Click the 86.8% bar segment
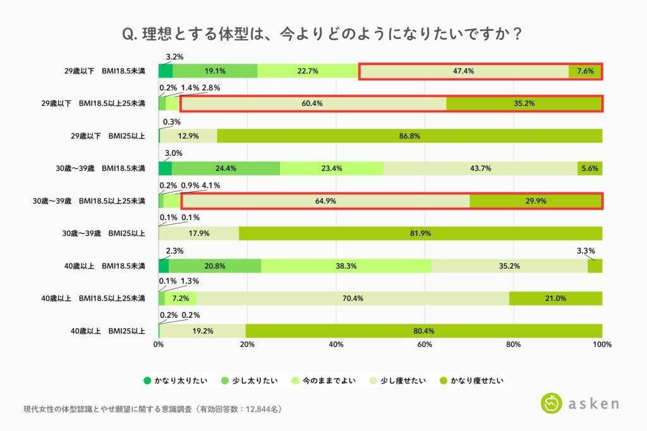click(x=409, y=136)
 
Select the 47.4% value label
click(x=464, y=71)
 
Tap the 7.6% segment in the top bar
click(x=585, y=71)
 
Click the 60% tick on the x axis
click(x=425, y=345)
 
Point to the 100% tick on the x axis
click(x=602, y=345)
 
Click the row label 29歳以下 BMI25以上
click(x=104, y=136)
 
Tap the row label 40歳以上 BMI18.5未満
click(x=104, y=266)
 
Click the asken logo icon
click(x=552, y=403)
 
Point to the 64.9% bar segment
click(x=325, y=201)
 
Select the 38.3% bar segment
click(x=346, y=266)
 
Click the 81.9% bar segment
click(x=420, y=233)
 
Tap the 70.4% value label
click(x=353, y=298)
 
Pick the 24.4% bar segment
click(x=226, y=168)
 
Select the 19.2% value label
click(x=202, y=331)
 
